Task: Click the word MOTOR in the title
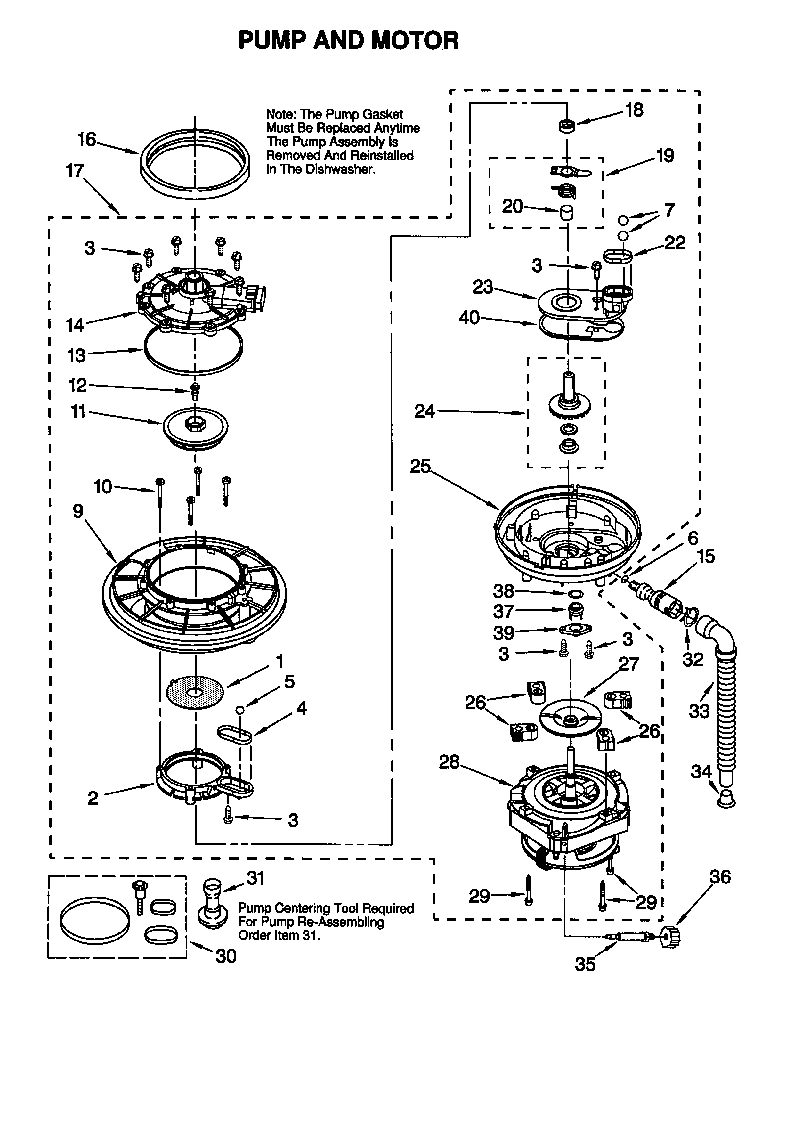point(415,40)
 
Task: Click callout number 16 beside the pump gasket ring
point(86,140)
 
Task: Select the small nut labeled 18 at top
point(567,126)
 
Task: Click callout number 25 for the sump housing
point(420,466)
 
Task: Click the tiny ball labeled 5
point(239,710)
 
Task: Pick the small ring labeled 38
point(576,594)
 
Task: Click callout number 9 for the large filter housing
point(78,511)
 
